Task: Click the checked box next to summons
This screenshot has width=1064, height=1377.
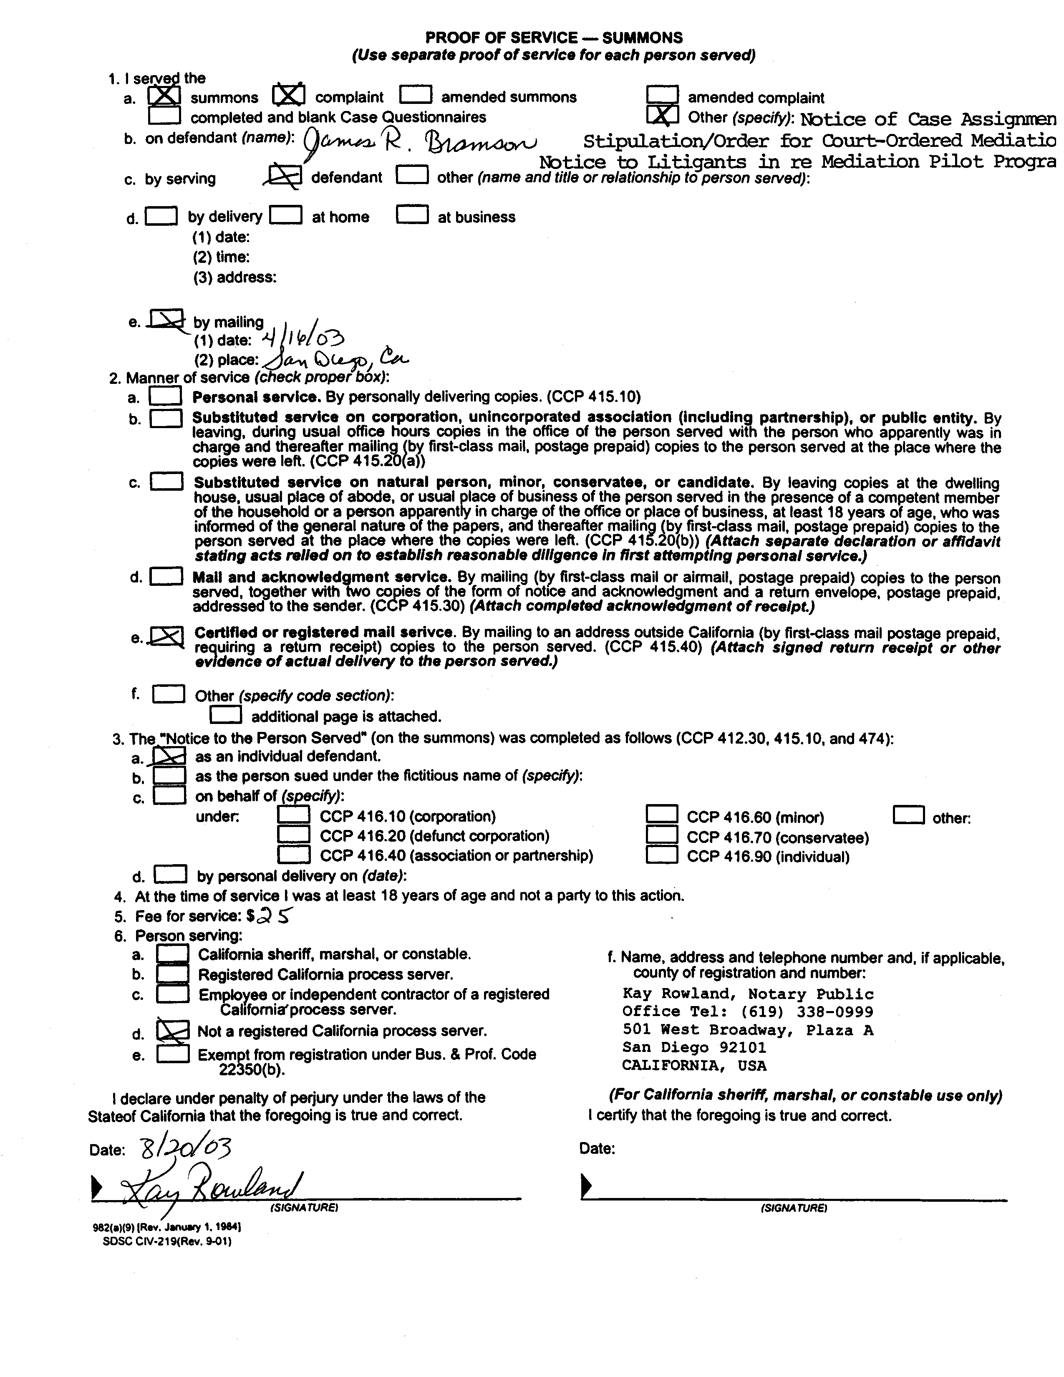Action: (x=164, y=96)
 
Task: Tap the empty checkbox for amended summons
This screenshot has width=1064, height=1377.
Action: (x=416, y=95)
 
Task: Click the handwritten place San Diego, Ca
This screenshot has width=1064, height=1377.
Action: (x=335, y=359)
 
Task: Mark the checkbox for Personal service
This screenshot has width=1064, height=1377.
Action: (x=166, y=396)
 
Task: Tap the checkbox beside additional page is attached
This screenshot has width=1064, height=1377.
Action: (x=225, y=714)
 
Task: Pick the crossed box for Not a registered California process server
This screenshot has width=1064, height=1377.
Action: (x=172, y=1031)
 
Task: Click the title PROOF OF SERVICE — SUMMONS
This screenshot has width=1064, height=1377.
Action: (x=553, y=38)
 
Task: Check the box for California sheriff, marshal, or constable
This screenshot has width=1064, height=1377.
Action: (x=172, y=954)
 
